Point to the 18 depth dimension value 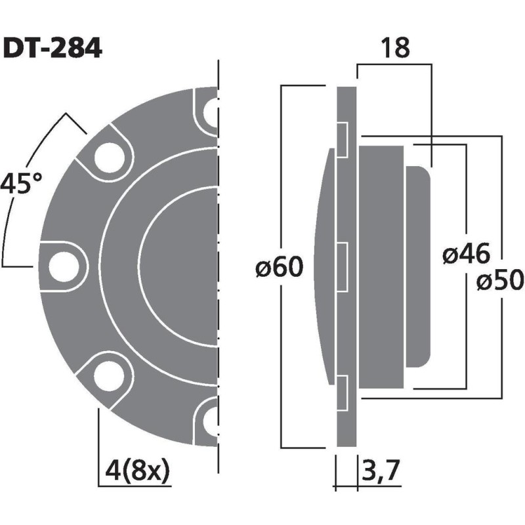[394, 48]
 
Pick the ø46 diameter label [464, 255]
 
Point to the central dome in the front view [180, 266]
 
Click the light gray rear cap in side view [419, 266]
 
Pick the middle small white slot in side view [343, 266]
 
